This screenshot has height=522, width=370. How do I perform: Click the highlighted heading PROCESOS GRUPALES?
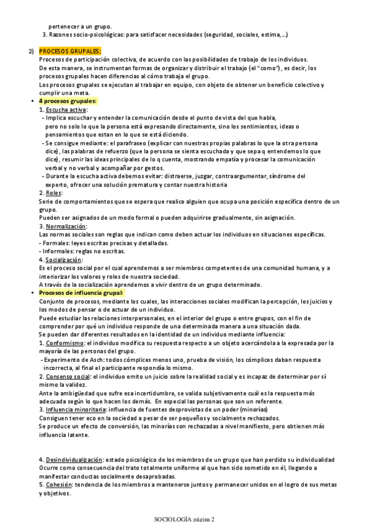(70, 51)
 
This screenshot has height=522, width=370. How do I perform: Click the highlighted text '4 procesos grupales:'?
(68, 101)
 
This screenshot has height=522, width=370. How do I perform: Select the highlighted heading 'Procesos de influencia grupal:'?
(81, 293)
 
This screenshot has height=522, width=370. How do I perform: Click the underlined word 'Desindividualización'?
(74, 460)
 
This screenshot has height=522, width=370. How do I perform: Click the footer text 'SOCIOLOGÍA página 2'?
(184, 518)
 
